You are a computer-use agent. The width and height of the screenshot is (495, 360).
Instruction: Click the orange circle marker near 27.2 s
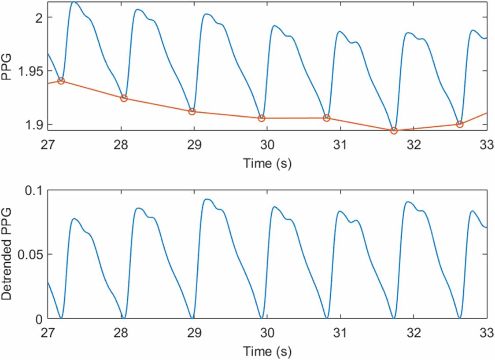click(x=61, y=81)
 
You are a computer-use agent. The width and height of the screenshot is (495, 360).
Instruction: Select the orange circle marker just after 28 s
click(x=124, y=98)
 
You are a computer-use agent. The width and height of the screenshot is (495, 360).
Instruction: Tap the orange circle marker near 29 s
click(x=192, y=111)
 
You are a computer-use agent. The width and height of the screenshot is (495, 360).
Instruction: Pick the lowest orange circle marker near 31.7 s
click(x=394, y=131)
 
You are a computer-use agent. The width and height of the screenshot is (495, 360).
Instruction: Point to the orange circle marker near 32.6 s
click(x=460, y=124)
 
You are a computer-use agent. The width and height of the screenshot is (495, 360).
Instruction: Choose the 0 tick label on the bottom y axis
click(x=39, y=318)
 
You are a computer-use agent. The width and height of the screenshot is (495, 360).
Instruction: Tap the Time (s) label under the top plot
click(x=267, y=164)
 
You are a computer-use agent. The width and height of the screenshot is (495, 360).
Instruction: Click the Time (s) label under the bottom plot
click(x=267, y=352)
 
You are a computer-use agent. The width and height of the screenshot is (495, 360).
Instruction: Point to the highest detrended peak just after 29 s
click(x=207, y=199)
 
